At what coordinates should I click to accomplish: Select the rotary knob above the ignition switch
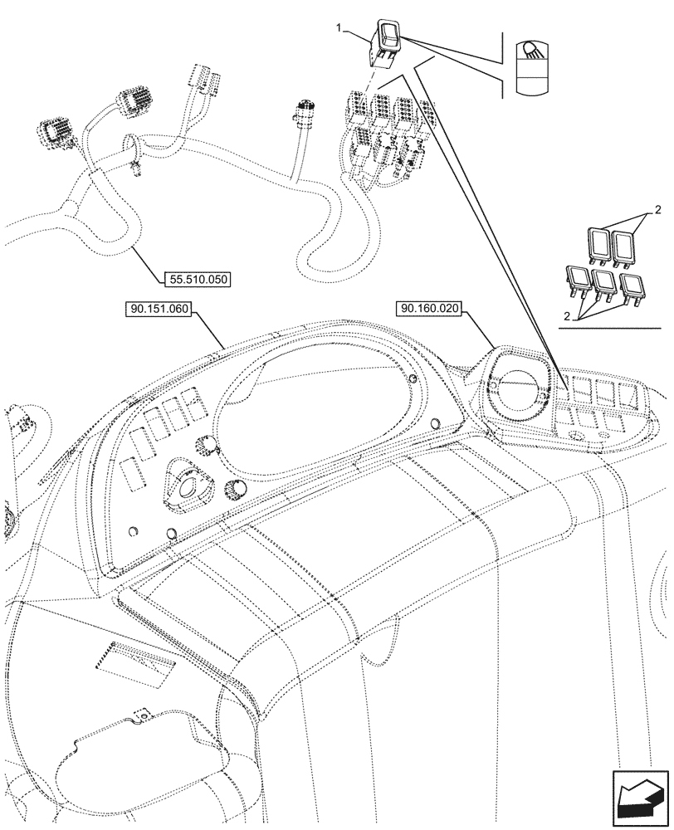(x=203, y=449)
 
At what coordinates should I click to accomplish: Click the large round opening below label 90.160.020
(x=514, y=389)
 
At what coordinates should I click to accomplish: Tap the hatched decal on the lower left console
(x=132, y=660)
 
